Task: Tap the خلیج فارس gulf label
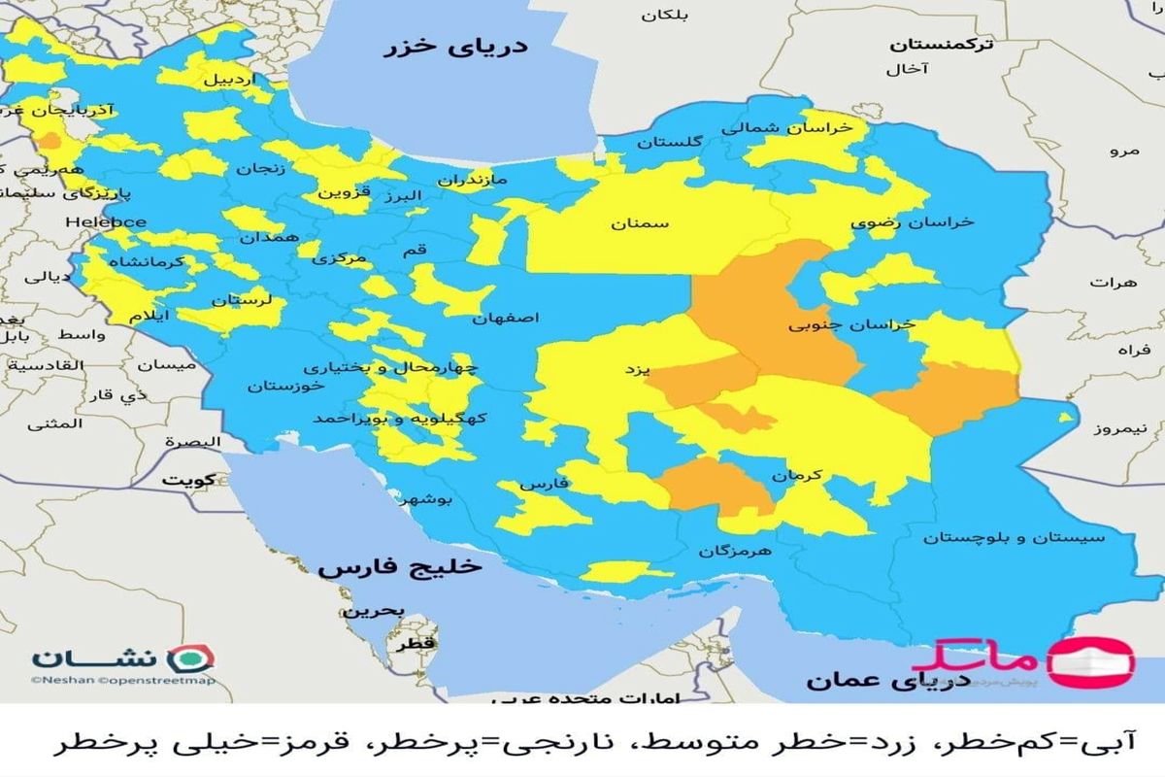click(x=373, y=567)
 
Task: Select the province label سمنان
click(x=640, y=224)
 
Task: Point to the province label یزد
click(x=637, y=369)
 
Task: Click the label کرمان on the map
click(x=798, y=476)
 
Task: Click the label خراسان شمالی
click(x=786, y=127)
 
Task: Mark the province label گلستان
click(x=669, y=143)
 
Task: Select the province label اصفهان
click(x=506, y=318)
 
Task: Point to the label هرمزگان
click(x=734, y=551)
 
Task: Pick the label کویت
click(x=189, y=480)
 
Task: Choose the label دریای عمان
click(x=861, y=680)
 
